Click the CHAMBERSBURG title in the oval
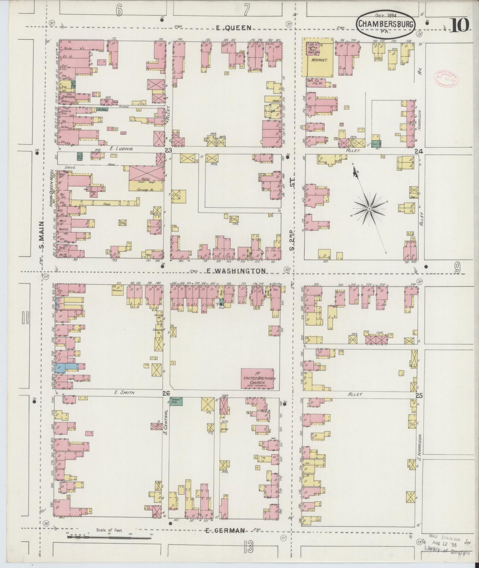pos(386,24)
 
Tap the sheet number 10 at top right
pos(459,25)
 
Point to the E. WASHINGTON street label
pos(236,271)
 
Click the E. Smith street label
pos(121,392)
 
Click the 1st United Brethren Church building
pos(257,378)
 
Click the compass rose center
pos(369,208)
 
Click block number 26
pos(166,393)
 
